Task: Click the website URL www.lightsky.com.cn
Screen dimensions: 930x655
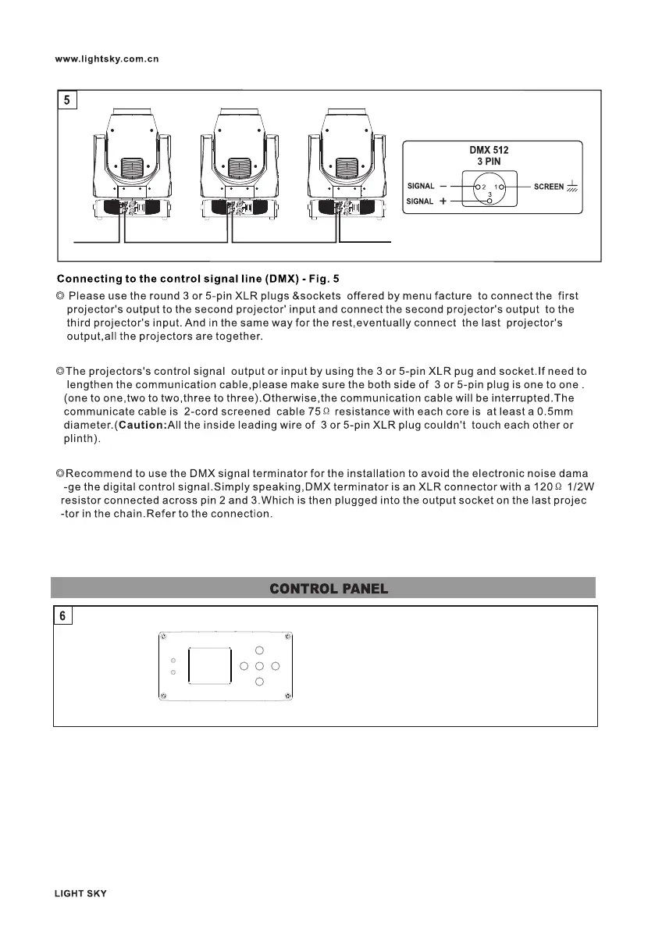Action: click(107, 59)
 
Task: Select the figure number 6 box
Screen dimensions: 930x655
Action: click(62, 616)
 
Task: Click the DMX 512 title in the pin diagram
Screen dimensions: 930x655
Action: click(489, 150)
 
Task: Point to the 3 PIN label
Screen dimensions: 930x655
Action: click(489, 162)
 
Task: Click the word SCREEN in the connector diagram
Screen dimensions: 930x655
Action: click(549, 187)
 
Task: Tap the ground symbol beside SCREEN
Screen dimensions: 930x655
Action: click(572, 187)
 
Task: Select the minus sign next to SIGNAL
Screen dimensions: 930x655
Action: click(443, 187)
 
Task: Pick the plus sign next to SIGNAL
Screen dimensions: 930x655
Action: click(443, 201)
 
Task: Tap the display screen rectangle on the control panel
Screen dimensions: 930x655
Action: click(211, 666)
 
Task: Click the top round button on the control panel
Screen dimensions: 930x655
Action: click(260, 650)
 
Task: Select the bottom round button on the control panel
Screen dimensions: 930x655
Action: click(260, 682)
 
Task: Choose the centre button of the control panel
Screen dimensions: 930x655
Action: click(260, 666)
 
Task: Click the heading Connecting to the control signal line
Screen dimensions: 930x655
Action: click(198, 279)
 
